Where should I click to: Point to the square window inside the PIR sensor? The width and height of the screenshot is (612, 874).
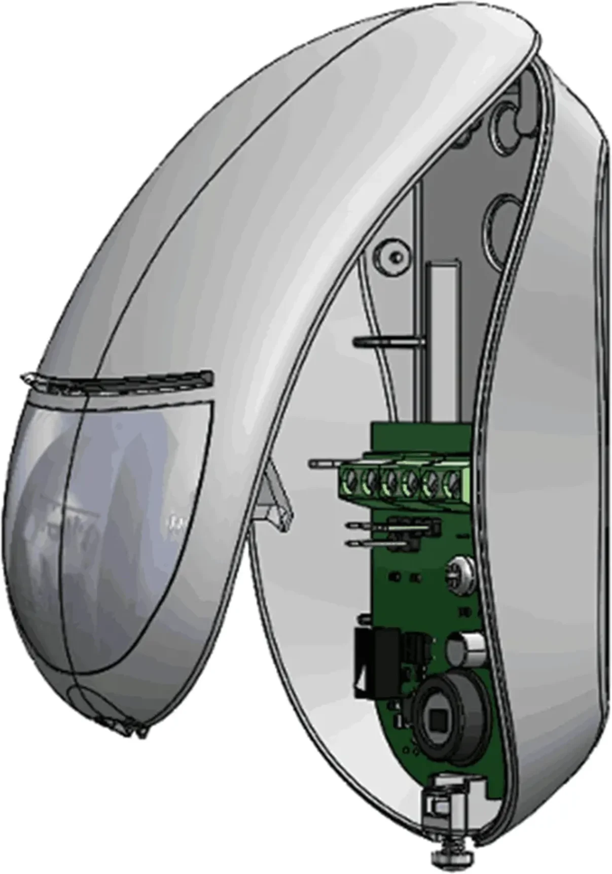[x=437, y=718]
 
